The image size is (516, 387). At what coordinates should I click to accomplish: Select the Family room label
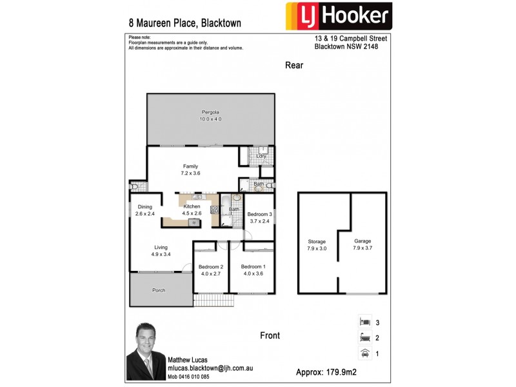[x=190, y=166]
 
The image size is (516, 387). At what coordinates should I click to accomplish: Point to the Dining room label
[x=145, y=206]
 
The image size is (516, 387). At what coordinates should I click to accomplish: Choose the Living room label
[x=161, y=247]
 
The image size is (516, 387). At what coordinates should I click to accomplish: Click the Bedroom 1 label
[x=253, y=267]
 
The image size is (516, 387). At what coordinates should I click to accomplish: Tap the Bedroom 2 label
[x=210, y=267]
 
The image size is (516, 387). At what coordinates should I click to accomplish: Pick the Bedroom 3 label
[x=260, y=214]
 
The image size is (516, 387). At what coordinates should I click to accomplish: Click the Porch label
[x=159, y=290]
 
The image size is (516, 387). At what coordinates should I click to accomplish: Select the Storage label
[x=317, y=242]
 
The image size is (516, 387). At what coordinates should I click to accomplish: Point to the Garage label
[x=362, y=241]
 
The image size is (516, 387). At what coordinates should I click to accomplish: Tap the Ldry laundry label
[x=261, y=156]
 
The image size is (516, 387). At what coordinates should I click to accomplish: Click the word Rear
[x=294, y=65]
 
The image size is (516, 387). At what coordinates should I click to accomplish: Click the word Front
[x=270, y=335]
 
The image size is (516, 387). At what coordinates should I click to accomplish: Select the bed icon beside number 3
[x=365, y=322]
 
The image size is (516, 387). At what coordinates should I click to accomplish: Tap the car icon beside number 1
[x=365, y=353]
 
